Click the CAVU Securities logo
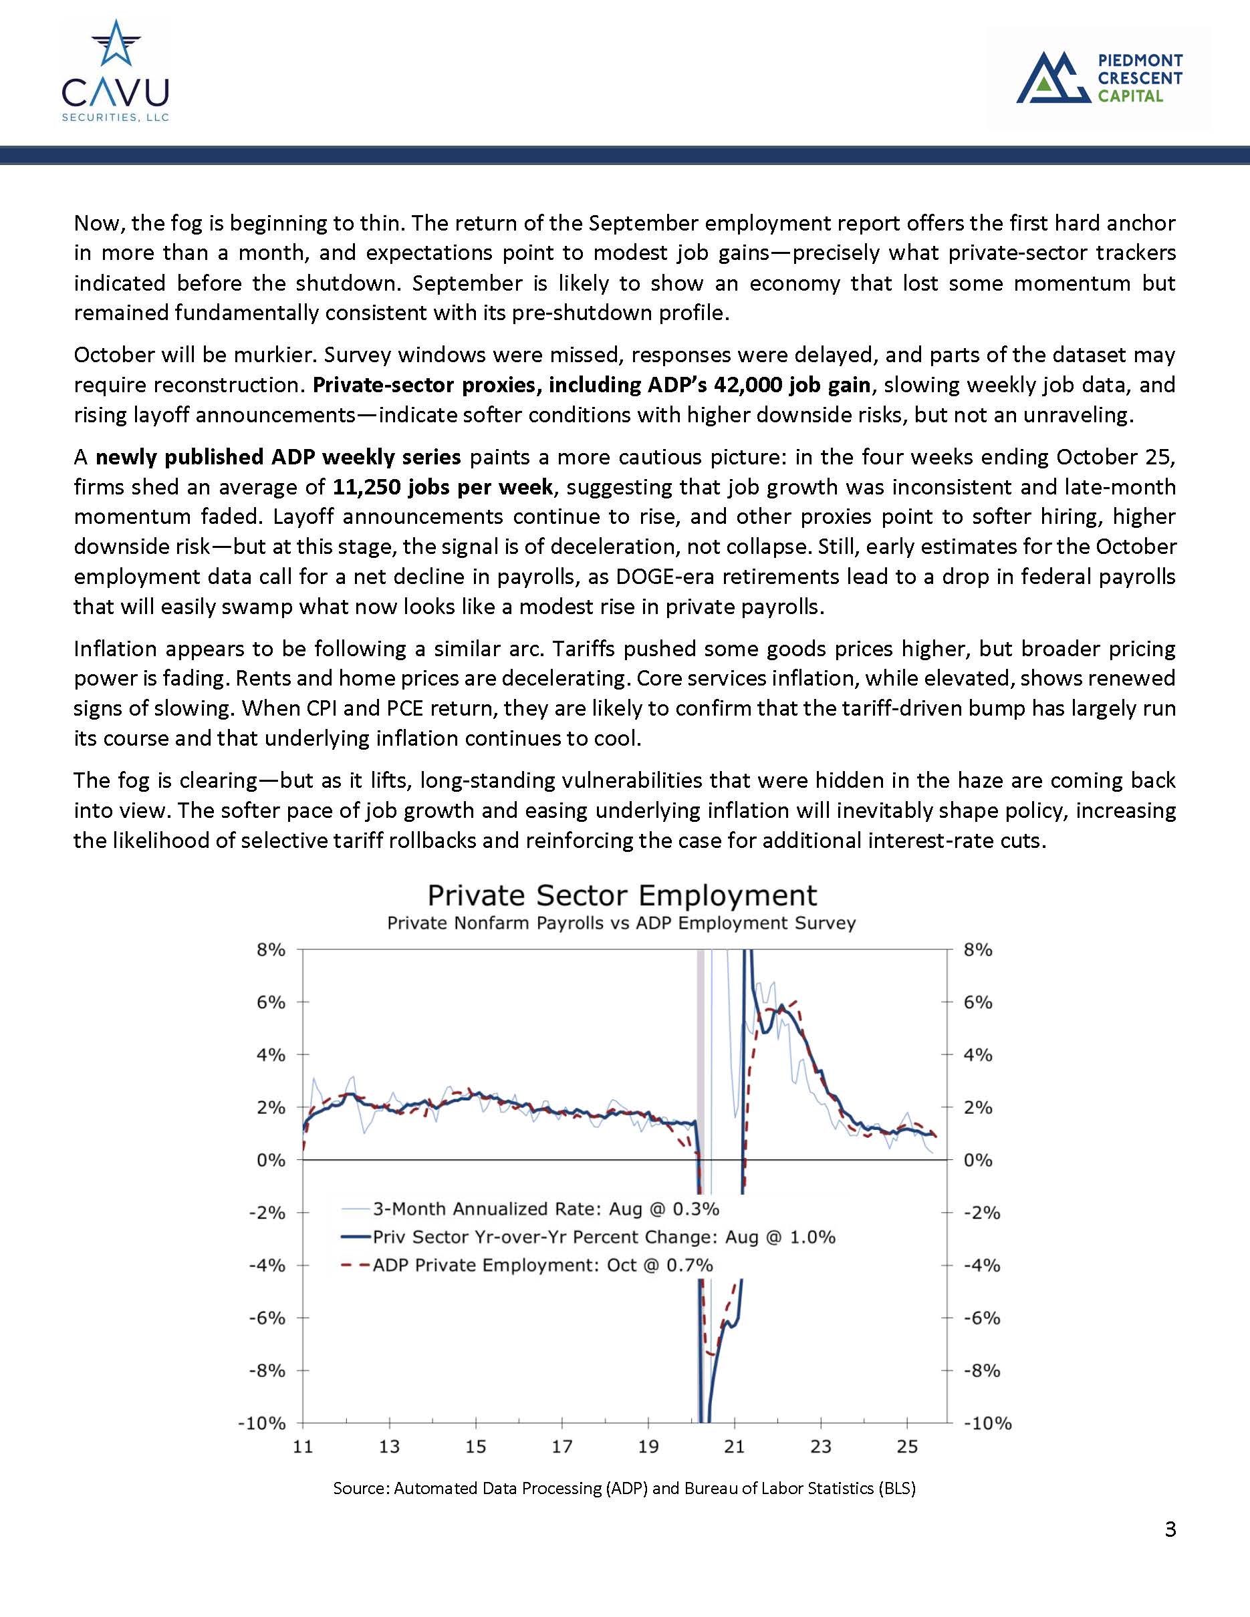click(116, 71)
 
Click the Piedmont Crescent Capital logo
click(1099, 77)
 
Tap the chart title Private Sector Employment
click(622, 895)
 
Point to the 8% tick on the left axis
click(271, 950)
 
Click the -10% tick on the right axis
click(987, 1424)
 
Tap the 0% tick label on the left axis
click(271, 1160)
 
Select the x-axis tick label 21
click(734, 1447)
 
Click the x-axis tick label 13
click(390, 1447)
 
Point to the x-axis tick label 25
click(907, 1447)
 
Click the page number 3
click(1170, 1529)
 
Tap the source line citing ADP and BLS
click(624, 1488)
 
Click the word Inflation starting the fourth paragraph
click(115, 649)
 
